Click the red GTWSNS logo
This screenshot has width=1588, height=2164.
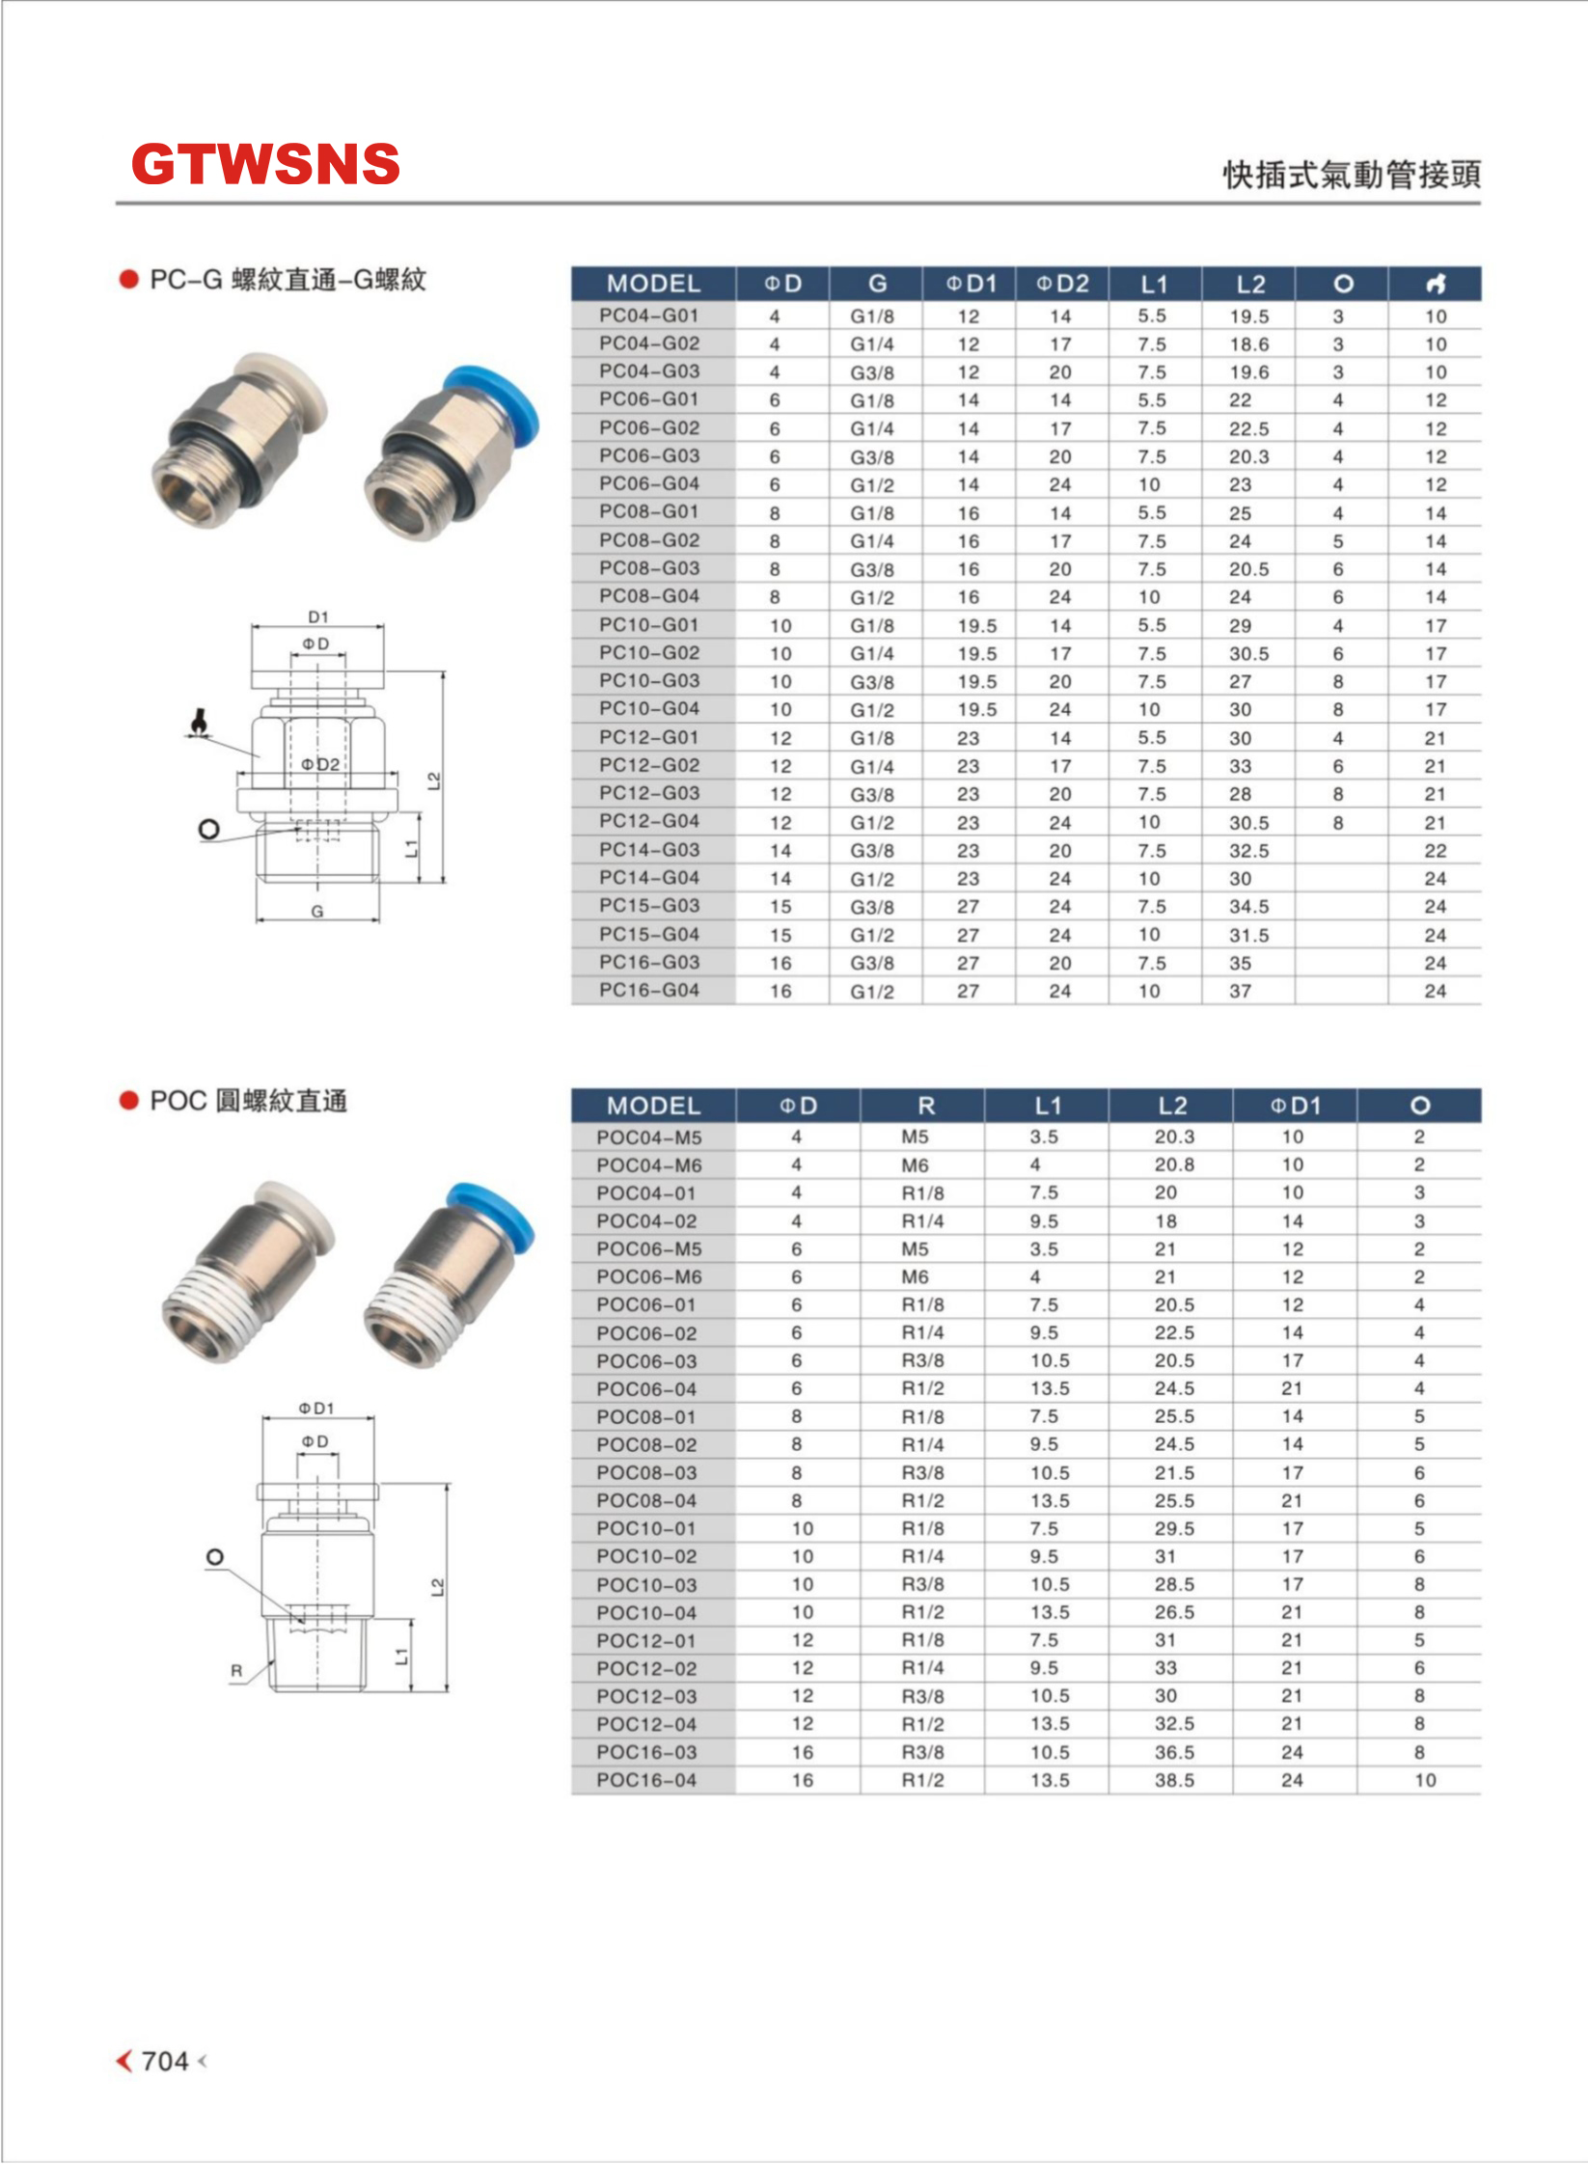(x=265, y=164)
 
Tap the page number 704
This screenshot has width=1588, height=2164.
(x=165, y=2061)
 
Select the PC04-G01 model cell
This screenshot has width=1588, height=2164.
(x=648, y=315)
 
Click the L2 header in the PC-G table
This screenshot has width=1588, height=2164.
(x=1250, y=284)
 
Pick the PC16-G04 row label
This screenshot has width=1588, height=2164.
(x=648, y=990)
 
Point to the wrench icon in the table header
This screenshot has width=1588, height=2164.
(x=1436, y=284)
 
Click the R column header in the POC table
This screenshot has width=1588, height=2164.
(x=925, y=1106)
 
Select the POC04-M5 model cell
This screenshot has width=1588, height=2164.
(x=648, y=1137)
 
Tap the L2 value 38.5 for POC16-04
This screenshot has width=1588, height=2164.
(x=1174, y=1780)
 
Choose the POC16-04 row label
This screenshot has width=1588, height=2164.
(x=645, y=1780)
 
